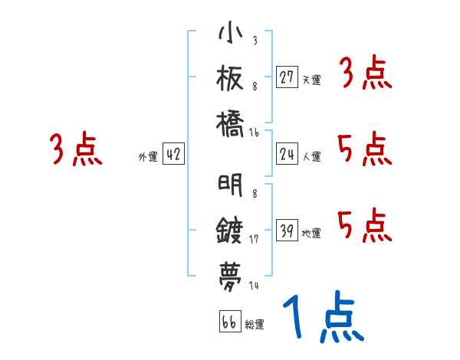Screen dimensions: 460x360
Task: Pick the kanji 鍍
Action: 231,231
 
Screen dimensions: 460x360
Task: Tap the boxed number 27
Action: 287,77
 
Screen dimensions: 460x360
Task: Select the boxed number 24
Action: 287,154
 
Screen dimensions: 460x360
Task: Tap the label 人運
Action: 312,156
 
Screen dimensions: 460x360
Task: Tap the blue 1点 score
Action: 322,318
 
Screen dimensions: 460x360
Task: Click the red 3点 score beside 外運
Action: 76,150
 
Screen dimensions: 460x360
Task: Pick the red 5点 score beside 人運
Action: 364,149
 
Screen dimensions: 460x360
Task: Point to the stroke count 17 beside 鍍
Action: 255,238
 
